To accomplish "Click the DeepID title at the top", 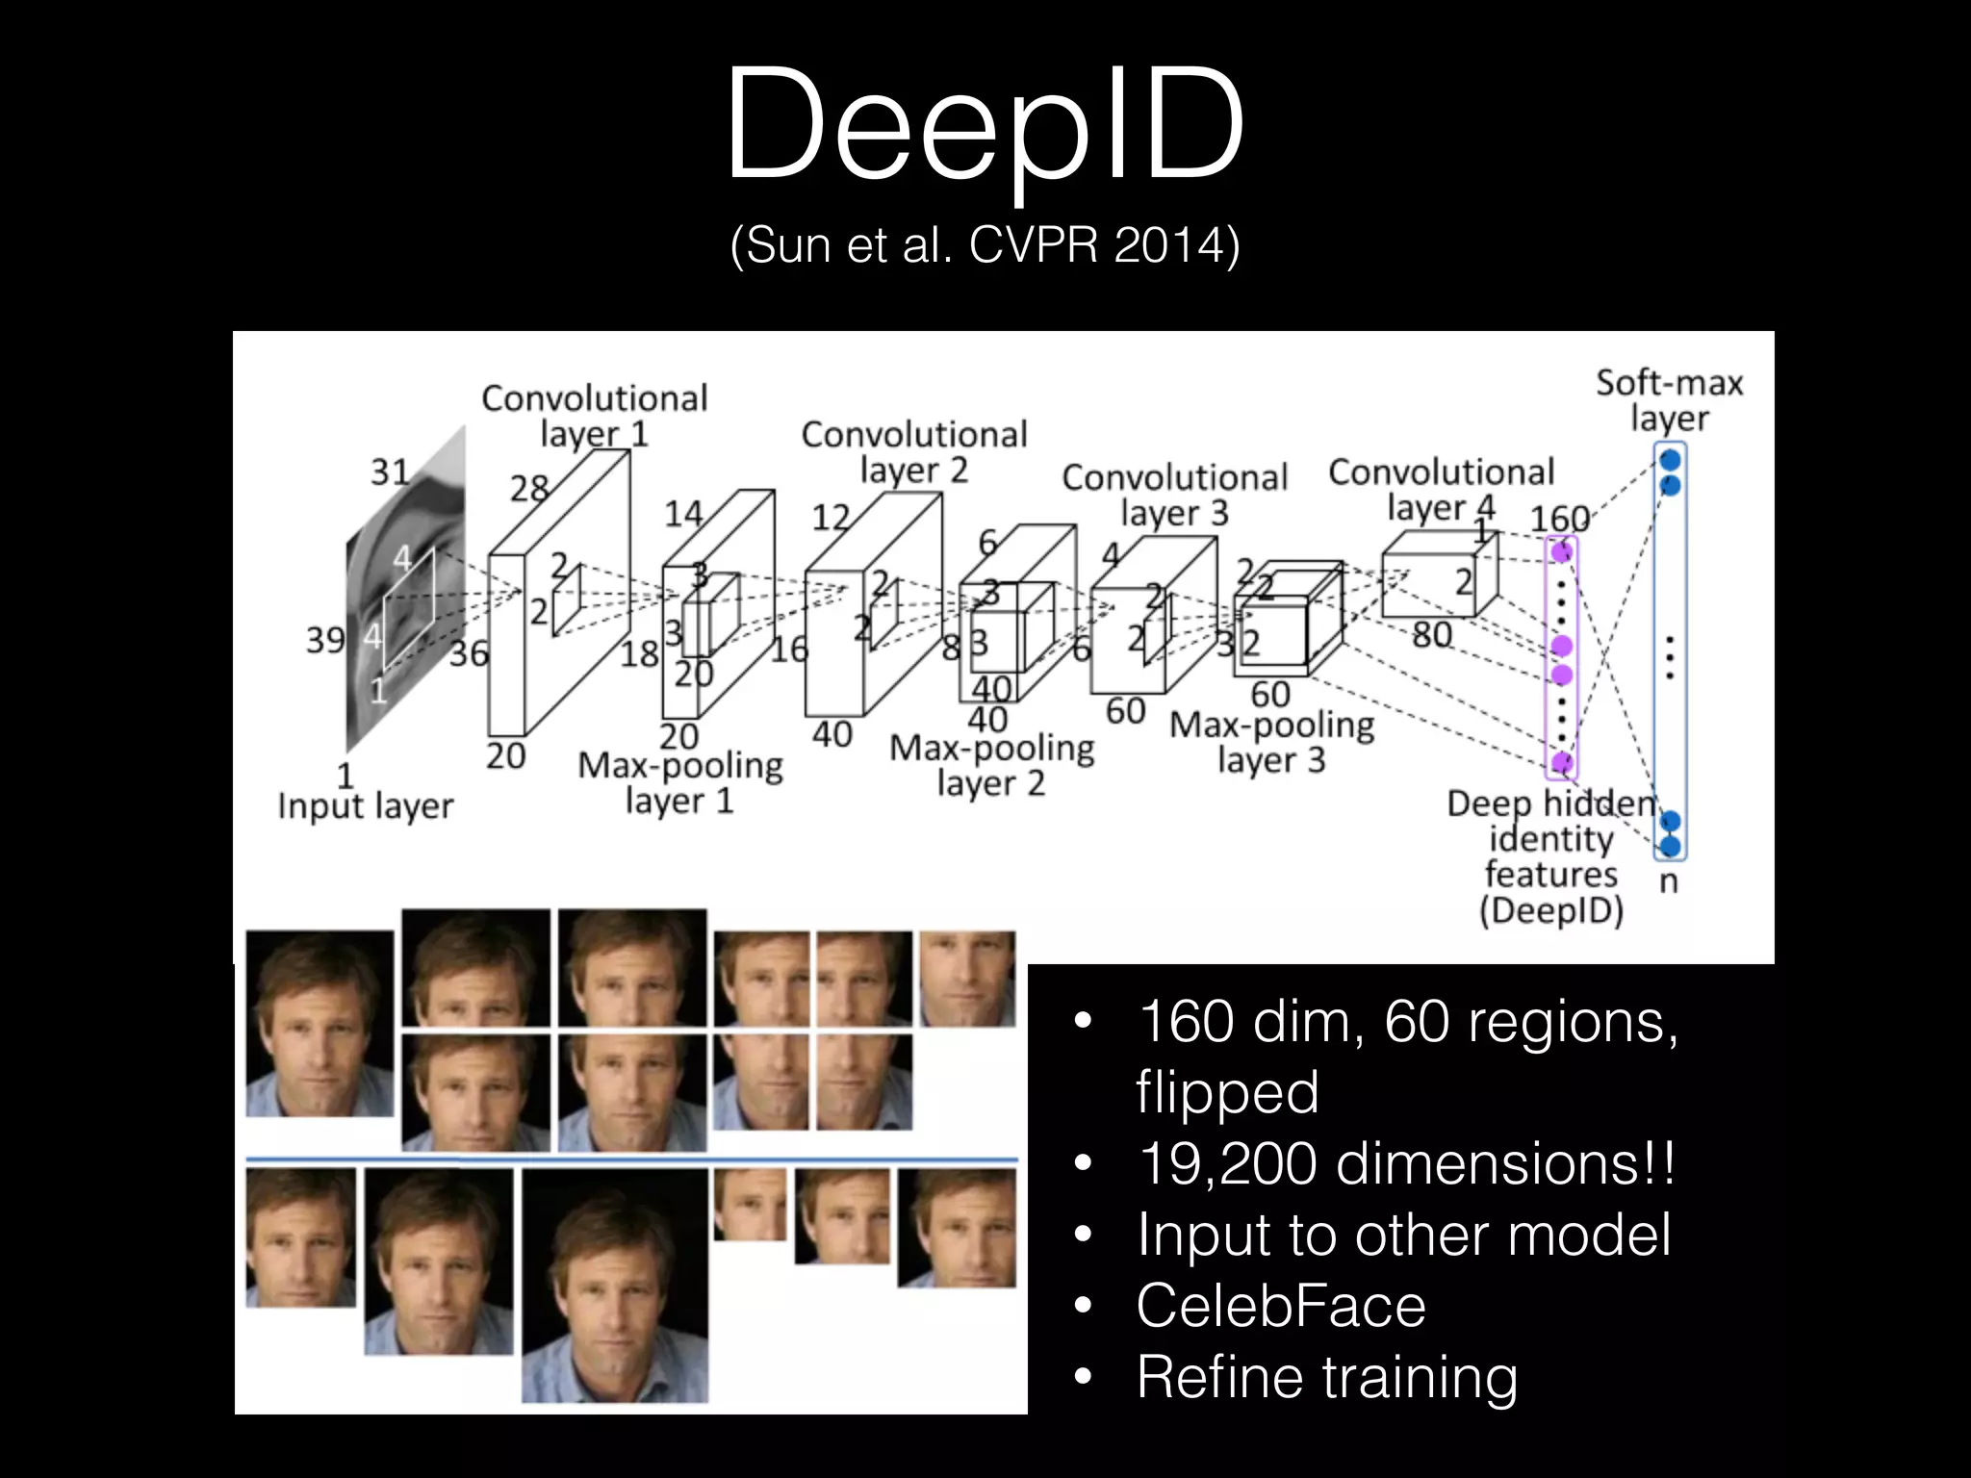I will point(985,123).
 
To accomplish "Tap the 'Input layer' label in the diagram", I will point(365,805).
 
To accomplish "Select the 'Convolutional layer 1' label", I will point(594,416).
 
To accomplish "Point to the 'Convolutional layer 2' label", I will point(913,451).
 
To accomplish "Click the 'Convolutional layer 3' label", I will point(1174,495).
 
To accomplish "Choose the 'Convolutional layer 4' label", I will point(1441,490).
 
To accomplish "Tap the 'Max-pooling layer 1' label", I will point(679,782).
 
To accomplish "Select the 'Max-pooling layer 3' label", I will point(1271,742).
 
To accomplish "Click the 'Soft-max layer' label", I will point(1669,399).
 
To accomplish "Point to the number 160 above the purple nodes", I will point(1559,520).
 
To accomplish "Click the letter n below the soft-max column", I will point(1669,880).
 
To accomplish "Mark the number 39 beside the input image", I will point(325,640).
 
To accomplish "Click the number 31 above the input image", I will point(390,471).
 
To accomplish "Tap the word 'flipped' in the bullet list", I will point(1227,1092).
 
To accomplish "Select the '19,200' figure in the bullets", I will point(1227,1163).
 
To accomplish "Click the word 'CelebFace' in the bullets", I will point(1281,1306).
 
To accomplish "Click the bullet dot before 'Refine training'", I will point(1084,1377).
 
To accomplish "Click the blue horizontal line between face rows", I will point(631,1159).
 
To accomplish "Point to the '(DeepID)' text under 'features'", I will point(1550,910).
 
